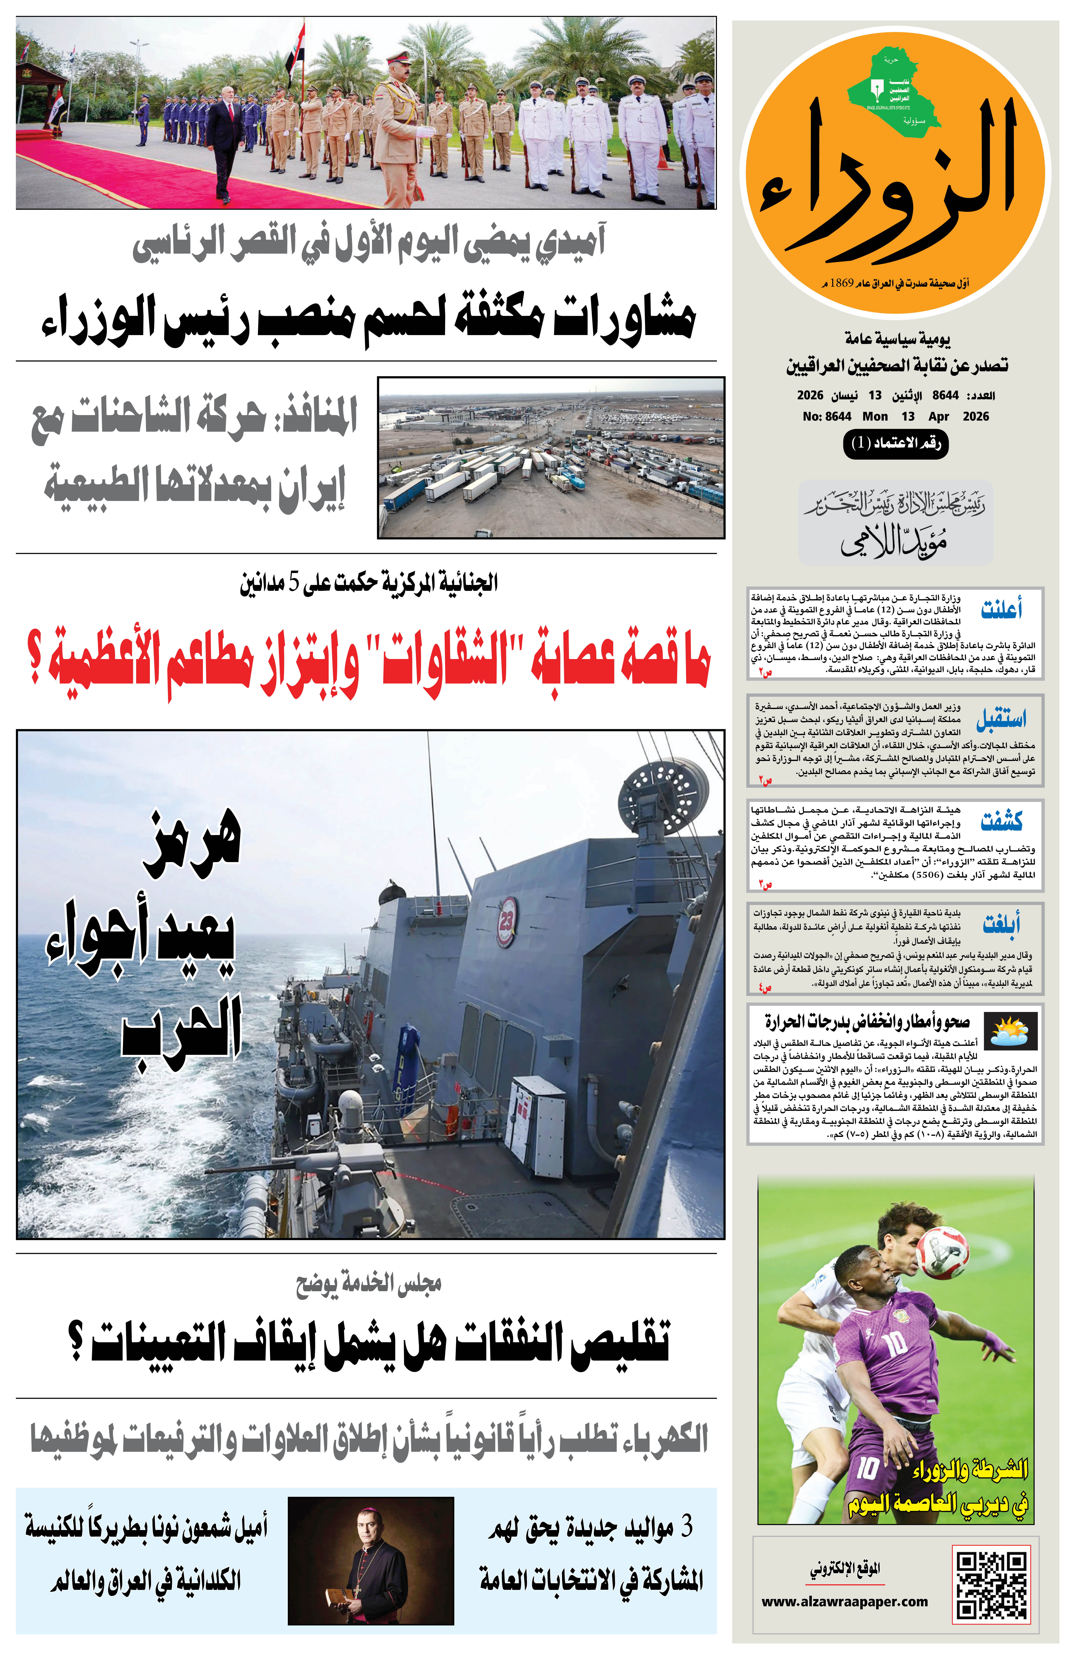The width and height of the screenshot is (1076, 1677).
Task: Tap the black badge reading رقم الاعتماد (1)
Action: coord(896,443)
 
